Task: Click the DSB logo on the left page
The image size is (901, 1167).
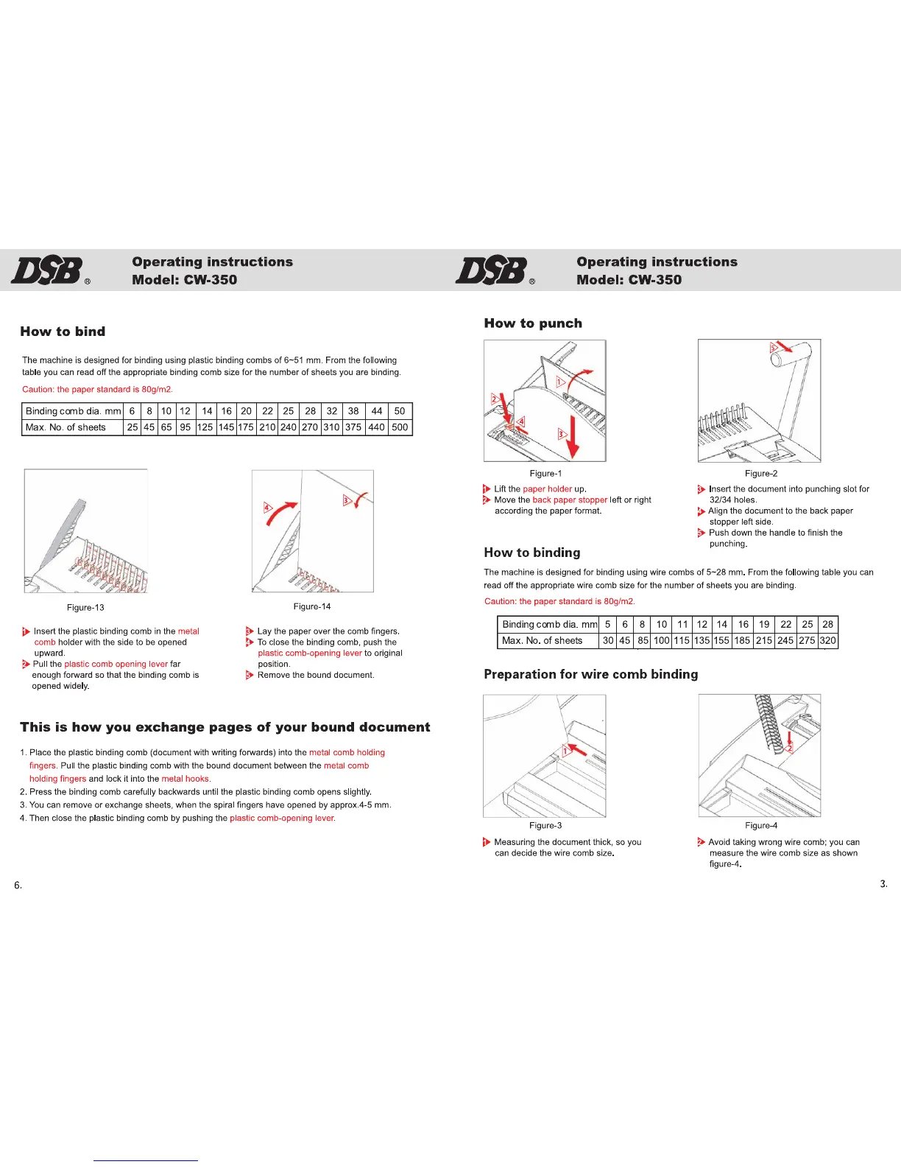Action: [46, 270]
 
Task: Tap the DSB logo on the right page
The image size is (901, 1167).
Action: [491, 270]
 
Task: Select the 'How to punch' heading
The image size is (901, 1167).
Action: [533, 323]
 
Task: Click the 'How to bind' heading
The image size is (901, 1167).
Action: [63, 332]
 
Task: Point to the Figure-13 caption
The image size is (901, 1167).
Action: [85, 608]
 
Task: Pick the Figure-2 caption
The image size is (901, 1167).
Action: [761, 474]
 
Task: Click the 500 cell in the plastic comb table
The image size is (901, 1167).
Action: [400, 427]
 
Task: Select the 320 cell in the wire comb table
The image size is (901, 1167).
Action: [828, 641]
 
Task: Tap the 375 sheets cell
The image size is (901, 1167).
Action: [353, 427]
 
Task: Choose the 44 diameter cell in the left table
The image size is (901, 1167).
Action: [377, 411]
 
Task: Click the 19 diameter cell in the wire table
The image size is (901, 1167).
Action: [764, 625]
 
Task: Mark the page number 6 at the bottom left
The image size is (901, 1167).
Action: [18, 886]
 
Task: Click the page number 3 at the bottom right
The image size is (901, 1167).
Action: [883, 884]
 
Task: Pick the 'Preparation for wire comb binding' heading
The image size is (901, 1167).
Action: [591, 674]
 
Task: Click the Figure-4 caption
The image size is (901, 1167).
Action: [761, 826]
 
